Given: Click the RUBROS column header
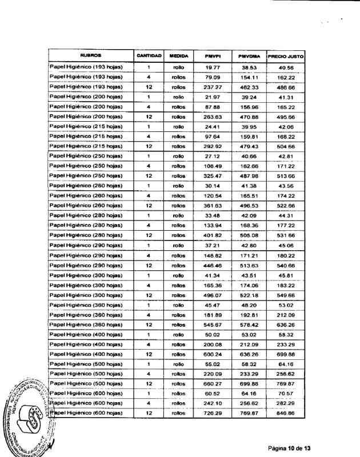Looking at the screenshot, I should (x=90, y=55).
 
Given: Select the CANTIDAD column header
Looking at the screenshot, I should (x=149, y=55).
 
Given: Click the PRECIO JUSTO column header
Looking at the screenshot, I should (x=285, y=55).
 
